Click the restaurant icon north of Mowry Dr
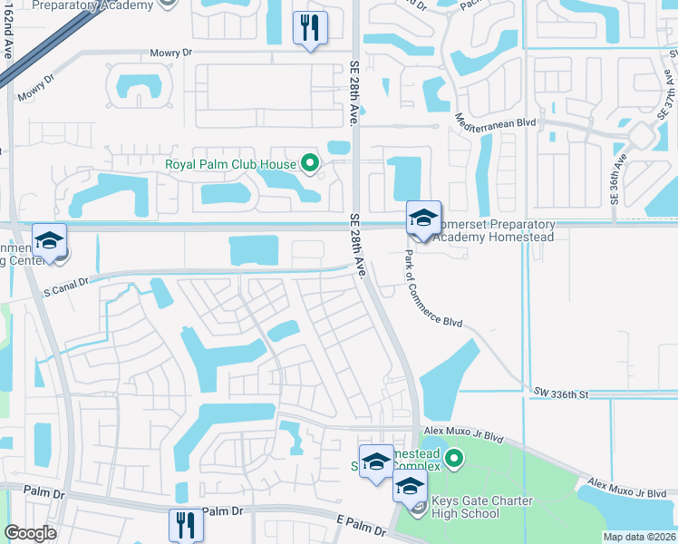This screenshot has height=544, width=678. [310, 28]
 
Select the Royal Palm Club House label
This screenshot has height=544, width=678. [231, 164]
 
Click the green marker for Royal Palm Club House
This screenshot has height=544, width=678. [311, 164]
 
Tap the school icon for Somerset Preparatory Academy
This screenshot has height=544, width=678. [423, 218]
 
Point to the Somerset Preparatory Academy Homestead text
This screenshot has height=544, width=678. [493, 230]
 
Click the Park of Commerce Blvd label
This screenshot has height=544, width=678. [432, 289]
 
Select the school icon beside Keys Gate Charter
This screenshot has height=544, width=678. [410, 487]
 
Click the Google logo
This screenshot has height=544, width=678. [30, 533]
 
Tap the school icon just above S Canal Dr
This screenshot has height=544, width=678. [50, 241]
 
